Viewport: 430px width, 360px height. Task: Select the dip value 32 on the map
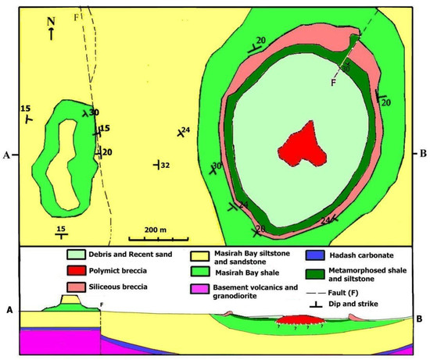(165, 165)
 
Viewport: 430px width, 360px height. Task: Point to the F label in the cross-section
(102, 305)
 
